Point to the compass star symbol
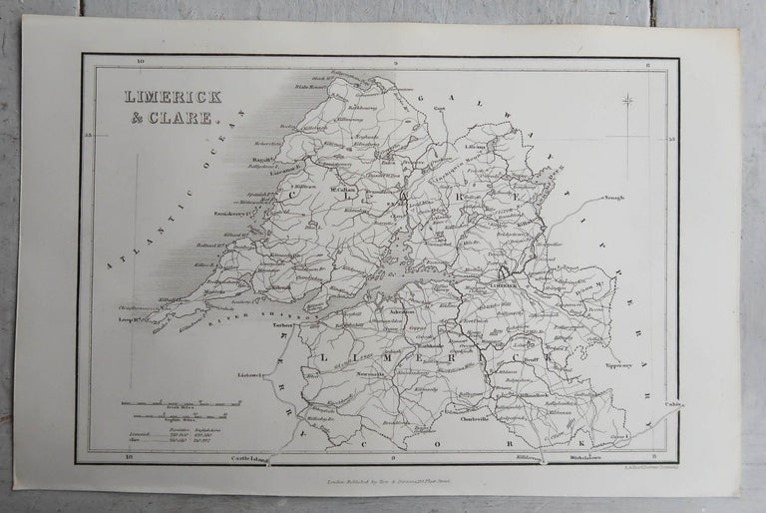pos(628,100)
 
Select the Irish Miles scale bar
pos(179,404)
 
